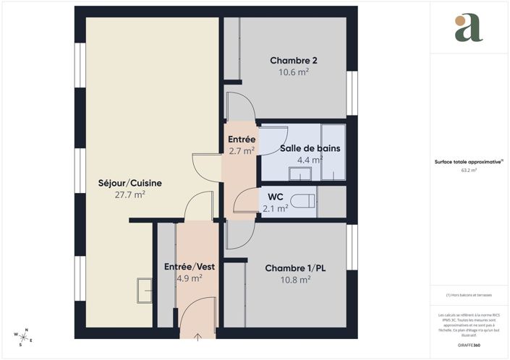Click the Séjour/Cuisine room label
click(130, 183)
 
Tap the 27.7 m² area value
click(130, 195)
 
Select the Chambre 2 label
click(294, 60)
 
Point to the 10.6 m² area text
click(294, 72)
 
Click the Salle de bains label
click(310, 148)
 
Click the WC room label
click(275, 197)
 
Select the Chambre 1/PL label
click(295, 267)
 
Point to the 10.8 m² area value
click(295, 279)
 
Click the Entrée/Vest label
click(189, 266)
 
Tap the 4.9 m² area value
click(189, 278)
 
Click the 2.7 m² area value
click(242, 151)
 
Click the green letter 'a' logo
click(469, 28)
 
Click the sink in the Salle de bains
click(299, 173)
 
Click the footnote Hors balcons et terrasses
click(469, 295)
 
